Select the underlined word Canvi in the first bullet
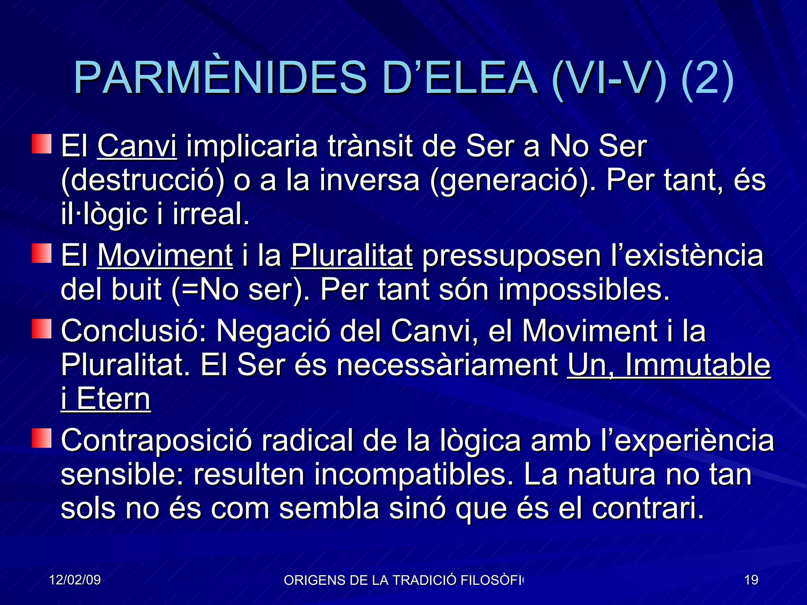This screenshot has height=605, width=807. tap(137, 147)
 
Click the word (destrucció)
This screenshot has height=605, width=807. tap(143, 180)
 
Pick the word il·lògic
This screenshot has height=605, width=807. tap(104, 214)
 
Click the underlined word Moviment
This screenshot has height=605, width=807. tap(165, 256)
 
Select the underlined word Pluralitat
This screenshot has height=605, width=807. tap(352, 256)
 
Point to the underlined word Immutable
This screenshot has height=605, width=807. tap(697, 365)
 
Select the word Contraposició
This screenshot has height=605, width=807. tap(156, 440)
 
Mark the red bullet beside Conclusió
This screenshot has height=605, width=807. tap(42, 329)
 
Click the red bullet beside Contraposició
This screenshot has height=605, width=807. tap(42, 438)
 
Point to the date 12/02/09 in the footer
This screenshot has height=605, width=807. tap(75, 580)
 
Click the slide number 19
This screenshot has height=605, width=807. tap(751, 580)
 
